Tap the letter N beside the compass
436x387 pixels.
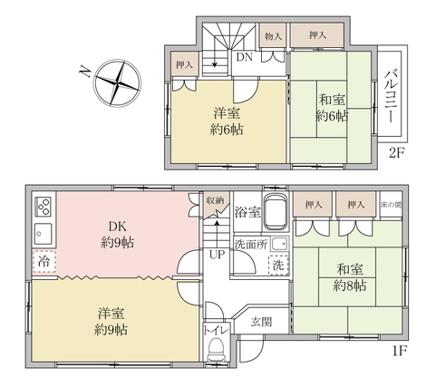pos(85,72)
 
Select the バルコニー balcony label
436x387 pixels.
pos(390,96)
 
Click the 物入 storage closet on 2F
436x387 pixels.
pos(273,35)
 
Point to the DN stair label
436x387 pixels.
pos(245,57)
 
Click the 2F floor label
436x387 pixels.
pos(396,153)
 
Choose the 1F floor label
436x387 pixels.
pos(400,351)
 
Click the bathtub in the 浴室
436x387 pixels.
pos(276,211)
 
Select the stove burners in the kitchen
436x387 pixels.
pos(44,207)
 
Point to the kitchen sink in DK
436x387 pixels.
pos(43,234)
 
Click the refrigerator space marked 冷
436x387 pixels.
pos(44,261)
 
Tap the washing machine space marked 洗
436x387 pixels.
pos(278,265)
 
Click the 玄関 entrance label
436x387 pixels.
pos(261,322)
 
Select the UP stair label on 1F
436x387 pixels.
pos(218,255)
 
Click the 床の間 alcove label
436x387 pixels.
pos(391,205)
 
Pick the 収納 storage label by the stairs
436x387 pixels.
pos(216,200)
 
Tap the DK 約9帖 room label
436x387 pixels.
pos(117,234)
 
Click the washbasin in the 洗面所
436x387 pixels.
pos(279,244)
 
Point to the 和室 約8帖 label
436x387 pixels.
pos(350,277)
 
